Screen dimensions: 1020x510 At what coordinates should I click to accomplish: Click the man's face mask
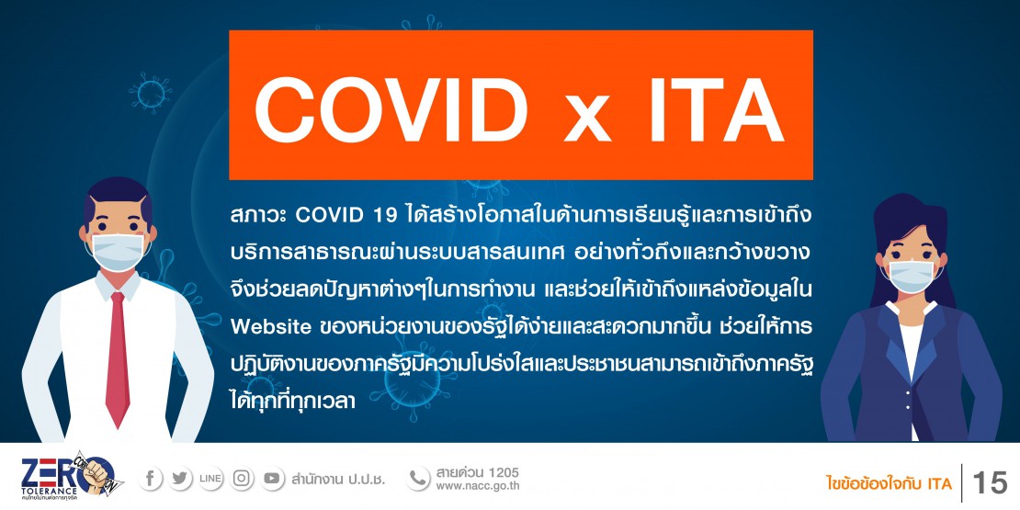(118, 251)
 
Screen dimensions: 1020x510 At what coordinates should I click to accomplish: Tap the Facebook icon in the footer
(150, 480)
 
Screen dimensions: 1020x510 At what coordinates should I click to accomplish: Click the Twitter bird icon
(180, 480)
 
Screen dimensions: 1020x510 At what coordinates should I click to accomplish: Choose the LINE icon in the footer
(210, 480)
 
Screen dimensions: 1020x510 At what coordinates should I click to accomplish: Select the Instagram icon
(242, 480)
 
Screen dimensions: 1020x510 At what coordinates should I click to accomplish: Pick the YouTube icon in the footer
(272, 480)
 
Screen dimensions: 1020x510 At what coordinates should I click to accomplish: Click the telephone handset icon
(418, 479)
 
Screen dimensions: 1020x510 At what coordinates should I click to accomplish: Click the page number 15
(989, 482)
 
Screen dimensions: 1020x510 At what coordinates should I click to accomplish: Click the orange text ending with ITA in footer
(889, 482)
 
